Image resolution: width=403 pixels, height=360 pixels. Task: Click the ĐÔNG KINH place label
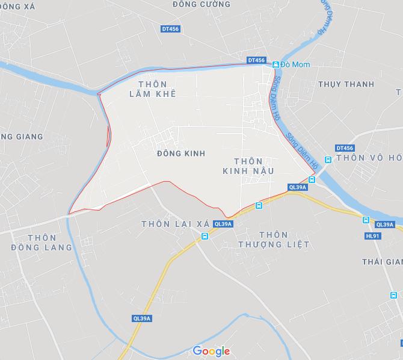click(180, 154)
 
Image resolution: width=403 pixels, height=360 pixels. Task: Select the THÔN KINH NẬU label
click(248, 166)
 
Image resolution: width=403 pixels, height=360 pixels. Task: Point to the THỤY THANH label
click(345, 84)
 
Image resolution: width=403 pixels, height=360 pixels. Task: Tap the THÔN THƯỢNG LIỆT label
click(273, 240)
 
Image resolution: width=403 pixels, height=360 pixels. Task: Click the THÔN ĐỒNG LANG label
click(42, 242)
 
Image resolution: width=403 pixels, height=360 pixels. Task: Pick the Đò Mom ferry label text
click(294, 64)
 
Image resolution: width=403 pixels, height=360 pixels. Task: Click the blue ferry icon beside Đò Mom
click(275, 64)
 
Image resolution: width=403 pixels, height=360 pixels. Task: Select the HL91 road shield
click(373, 235)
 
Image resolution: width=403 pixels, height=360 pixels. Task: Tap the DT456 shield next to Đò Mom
click(256, 60)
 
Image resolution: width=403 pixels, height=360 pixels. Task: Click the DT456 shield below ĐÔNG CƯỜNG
click(171, 29)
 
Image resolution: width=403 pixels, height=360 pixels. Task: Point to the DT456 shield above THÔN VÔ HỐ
click(345, 148)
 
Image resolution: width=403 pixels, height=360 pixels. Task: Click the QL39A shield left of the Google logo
click(143, 318)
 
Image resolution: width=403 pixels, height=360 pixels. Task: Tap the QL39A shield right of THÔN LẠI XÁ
click(223, 224)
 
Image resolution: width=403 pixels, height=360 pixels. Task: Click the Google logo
click(211, 351)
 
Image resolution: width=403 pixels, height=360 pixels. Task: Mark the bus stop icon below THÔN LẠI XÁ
click(205, 236)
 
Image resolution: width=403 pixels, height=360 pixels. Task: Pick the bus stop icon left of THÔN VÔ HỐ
click(328, 160)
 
